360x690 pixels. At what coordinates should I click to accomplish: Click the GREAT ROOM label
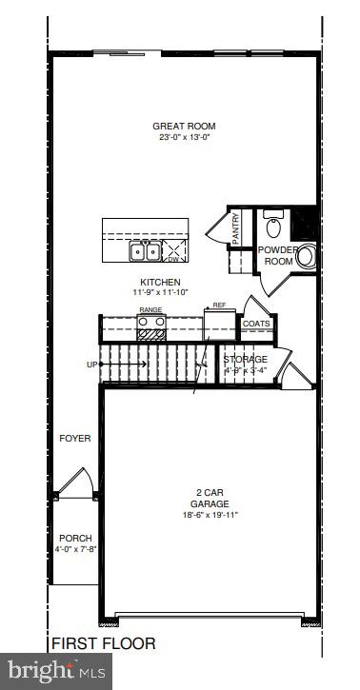click(x=184, y=126)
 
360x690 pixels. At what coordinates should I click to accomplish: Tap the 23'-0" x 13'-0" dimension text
click(x=184, y=138)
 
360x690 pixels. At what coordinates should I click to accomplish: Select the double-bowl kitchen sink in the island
click(x=145, y=251)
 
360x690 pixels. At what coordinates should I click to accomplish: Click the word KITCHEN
click(x=160, y=283)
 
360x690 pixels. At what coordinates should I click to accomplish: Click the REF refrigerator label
click(x=218, y=306)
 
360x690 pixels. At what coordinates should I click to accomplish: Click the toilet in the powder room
click(x=273, y=227)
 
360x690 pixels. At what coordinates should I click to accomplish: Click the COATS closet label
click(x=256, y=324)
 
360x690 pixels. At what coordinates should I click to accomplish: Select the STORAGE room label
click(x=245, y=359)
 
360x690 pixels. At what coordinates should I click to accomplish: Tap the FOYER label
click(x=74, y=439)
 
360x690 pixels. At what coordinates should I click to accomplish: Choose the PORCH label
click(x=74, y=539)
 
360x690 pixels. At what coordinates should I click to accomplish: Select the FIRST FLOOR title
click(x=103, y=643)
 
